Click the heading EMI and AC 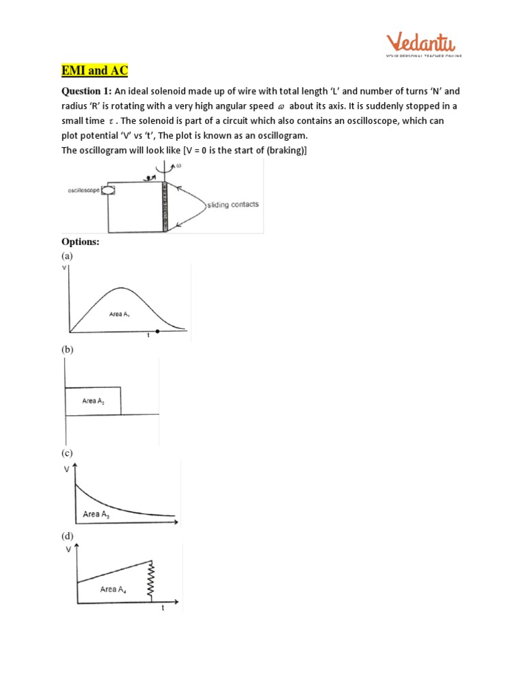click(x=91, y=71)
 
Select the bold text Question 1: click(x=86, y=91)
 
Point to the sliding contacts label click(x=232, y=204)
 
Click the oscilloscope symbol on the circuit click(x=107, y=192)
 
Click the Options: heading click(x=80, y=242)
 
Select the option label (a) click(x=67, y=256)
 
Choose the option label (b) click(x=67, y=349)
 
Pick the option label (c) click(x=67, y=453)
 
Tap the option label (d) click(x=67, y=536)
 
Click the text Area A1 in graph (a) click(x=121, y=314)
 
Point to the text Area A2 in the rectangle click(x=94, y=402)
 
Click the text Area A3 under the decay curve click(x=96, y=515)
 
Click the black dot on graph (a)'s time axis click(x=157, y=331)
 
